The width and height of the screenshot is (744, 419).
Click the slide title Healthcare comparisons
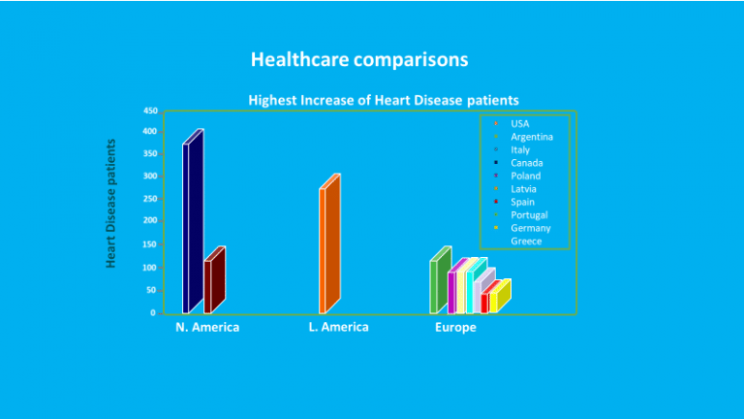359,59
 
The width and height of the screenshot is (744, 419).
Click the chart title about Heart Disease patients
384,99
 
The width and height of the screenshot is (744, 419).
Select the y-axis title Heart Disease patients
111,204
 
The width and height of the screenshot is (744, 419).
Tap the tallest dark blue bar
187,228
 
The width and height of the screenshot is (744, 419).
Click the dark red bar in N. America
208,286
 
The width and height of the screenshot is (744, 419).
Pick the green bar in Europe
435,286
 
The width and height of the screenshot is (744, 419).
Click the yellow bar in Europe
494,302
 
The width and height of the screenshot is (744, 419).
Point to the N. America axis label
207,328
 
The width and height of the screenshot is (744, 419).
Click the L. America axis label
338,328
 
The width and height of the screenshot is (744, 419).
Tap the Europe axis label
455,328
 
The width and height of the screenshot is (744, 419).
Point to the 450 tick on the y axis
150,110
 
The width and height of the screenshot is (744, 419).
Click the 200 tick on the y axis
150,221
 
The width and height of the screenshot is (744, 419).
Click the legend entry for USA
520,124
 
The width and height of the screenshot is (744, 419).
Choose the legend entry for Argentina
531,137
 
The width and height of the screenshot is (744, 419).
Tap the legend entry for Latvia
524,189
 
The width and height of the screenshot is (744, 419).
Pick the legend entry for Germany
530,228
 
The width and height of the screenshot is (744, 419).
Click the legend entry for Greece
526,241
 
